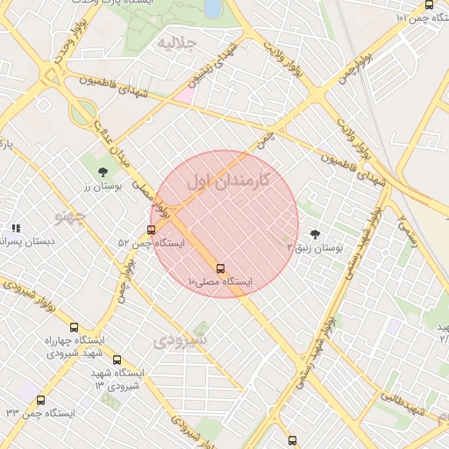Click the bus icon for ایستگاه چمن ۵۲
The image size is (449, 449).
[151, 230]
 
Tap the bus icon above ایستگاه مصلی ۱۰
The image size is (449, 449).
[219, 268]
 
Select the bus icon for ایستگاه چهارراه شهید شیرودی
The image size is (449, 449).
[74, 327]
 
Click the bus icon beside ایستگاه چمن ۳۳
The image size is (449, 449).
[40, 400]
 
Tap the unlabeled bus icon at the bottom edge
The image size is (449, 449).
[292, 440]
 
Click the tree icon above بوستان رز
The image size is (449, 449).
[103, 172]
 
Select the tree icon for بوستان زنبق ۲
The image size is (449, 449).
[315, 234]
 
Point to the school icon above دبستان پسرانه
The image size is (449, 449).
[15, 228]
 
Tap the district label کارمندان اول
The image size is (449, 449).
[228, 181]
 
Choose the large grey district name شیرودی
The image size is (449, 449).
[181, 339]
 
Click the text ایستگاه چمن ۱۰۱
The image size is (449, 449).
[411, 18]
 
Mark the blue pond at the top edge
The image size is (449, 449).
[212, 8]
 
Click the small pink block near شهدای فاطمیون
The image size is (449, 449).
[186, 94]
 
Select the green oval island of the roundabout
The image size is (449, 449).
[84, 111]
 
